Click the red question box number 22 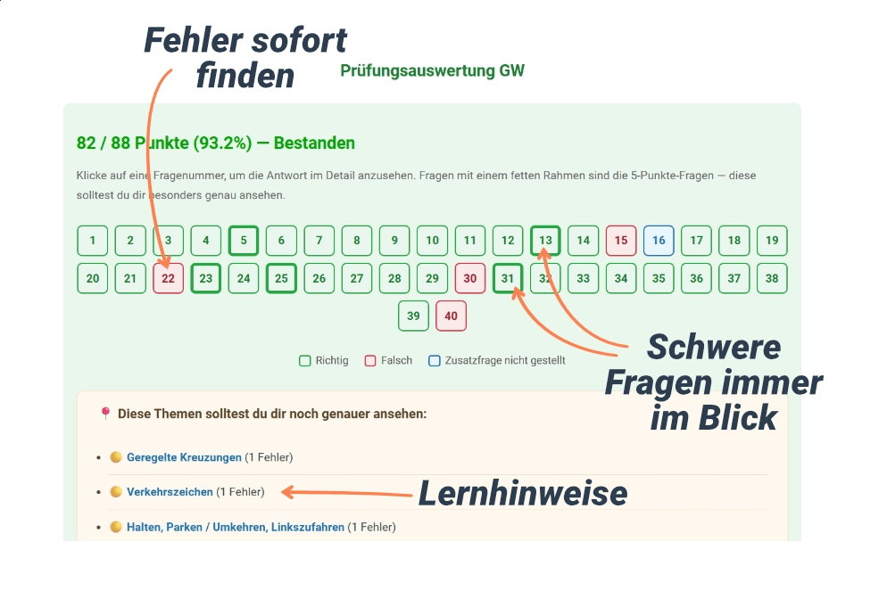(x=168, y=278)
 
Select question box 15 (x=621, y=240)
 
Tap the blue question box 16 (x=659, y=240)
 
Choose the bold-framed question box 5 (x=244, y=240)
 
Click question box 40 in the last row (x=451, y=316)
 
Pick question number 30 (x=470, y=278)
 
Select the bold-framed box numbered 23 (x=206, y=278)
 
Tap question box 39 (x=413, y=316)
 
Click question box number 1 (x=92, y=240)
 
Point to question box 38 (x=772, y=278)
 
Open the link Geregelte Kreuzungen (x=184, y=457)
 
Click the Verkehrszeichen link (x=170, y=491)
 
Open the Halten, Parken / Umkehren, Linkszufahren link (x=236, y=527)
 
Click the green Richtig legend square (x=305, y=360)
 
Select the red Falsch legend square (x=370, y=360)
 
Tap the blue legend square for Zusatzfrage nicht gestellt (x=435, y=360)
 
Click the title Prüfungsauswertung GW (x=432, y=70)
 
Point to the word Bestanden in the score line (x=314, y=143)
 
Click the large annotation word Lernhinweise (x=523, y=493)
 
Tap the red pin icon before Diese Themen (x=105, y=413)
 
